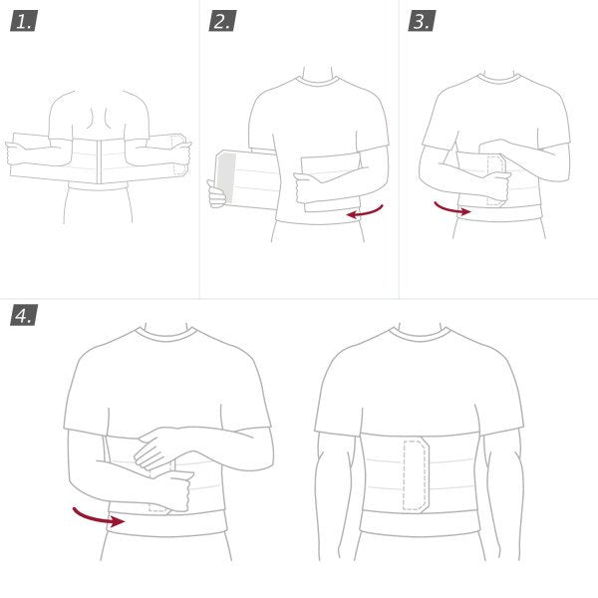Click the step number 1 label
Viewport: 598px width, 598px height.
tap(23, 20)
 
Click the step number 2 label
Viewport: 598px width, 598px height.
tap(222, 20)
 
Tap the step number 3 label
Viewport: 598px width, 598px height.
tap(421, 20)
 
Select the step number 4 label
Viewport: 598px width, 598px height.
tap(23, 315)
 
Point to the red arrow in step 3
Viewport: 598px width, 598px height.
tap(451, 209)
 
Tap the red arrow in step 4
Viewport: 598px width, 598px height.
tap(98, 516)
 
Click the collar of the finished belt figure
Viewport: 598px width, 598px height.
tap(418, 335)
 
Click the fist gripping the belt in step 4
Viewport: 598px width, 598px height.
tap(174, 490)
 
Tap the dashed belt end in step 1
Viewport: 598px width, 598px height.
tap(176, 154)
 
